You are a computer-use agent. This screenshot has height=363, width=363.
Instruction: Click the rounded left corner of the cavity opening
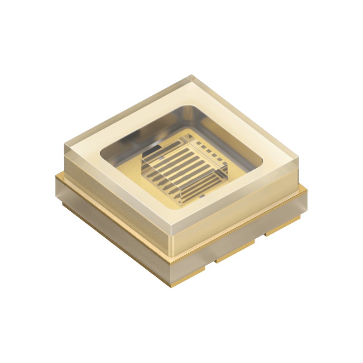tap(103, 152)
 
